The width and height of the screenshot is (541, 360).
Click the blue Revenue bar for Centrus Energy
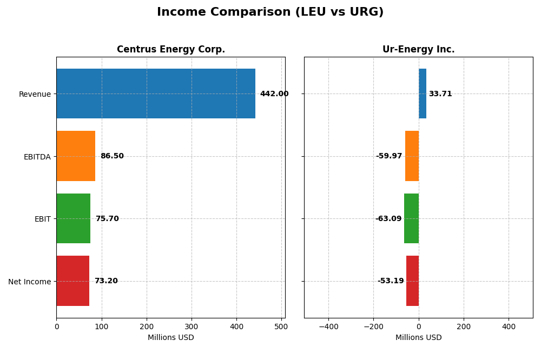point(156,94)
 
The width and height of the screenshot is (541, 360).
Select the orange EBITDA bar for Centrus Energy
point(76,156)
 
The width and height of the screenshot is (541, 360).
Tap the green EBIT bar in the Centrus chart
point(74,218)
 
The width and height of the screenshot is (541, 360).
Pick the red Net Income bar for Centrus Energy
point(73,281)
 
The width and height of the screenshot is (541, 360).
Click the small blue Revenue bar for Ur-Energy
point(423,94)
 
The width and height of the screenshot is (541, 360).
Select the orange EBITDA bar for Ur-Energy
point(412,156)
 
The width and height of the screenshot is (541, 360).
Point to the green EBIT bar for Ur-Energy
point(411,218)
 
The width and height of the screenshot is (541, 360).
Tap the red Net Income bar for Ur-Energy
point(412,281)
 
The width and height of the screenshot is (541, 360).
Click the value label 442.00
point(274,94)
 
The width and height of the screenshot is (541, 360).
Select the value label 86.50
point(112,156)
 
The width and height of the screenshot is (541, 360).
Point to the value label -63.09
point(388,219)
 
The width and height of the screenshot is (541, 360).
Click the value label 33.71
point(440,94)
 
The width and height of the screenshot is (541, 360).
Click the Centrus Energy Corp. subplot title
point(171,50)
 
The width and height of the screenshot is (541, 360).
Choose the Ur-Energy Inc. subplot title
point(418,50)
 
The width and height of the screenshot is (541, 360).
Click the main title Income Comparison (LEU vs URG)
point(270,12)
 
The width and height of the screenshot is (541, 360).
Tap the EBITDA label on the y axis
point(37,157)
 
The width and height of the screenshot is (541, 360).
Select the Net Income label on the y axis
point(29,282)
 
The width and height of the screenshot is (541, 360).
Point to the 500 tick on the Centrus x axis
point(281,326)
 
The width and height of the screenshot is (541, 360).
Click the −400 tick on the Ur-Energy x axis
point(328,326)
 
